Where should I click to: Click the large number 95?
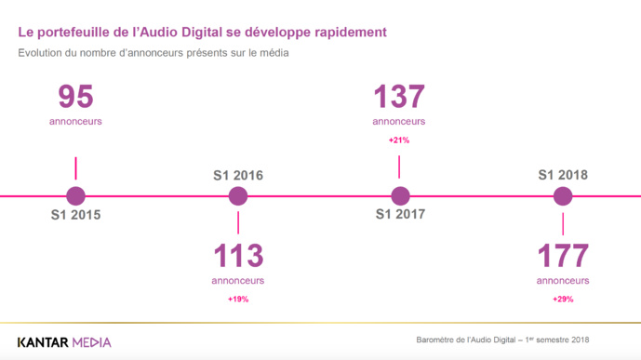pyautogui.click(x=76, y=98)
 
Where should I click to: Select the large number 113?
pyautogui.click(x=238, y=256)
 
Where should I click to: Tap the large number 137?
pyautogui.click(x=399, y=98)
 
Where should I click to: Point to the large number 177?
pyautogui.click(x=562, y=256)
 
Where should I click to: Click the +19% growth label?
pyautogui.click(x=238, y=300)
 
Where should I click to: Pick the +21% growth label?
pyautogui.click(x=399, y=140)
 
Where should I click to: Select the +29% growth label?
pyautogui.click(x=562, y=300)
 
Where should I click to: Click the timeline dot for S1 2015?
pyautogui.click(x=76, y=196)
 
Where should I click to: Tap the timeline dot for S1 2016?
pyautogui.click(x=238, y=196)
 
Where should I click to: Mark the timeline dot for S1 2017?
pyautogui.click(x=400, y=196)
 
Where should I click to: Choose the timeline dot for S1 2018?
pyautogui.click(x=562, y=196)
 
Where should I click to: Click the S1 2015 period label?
pyautogui.click(x=75, y=216)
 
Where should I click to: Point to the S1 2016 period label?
pyautogui.click(x=238, y=175)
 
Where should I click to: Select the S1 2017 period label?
pyautogui.click(x=400, y=216)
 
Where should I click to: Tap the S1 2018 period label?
pyautogui.click(x=563, y=175)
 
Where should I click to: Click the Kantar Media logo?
pyautogui.click(x=64, y=341)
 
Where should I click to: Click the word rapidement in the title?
pyautogui.click(x=347, y=33)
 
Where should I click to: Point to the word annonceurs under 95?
pyautogui.click(x=76, y=121)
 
